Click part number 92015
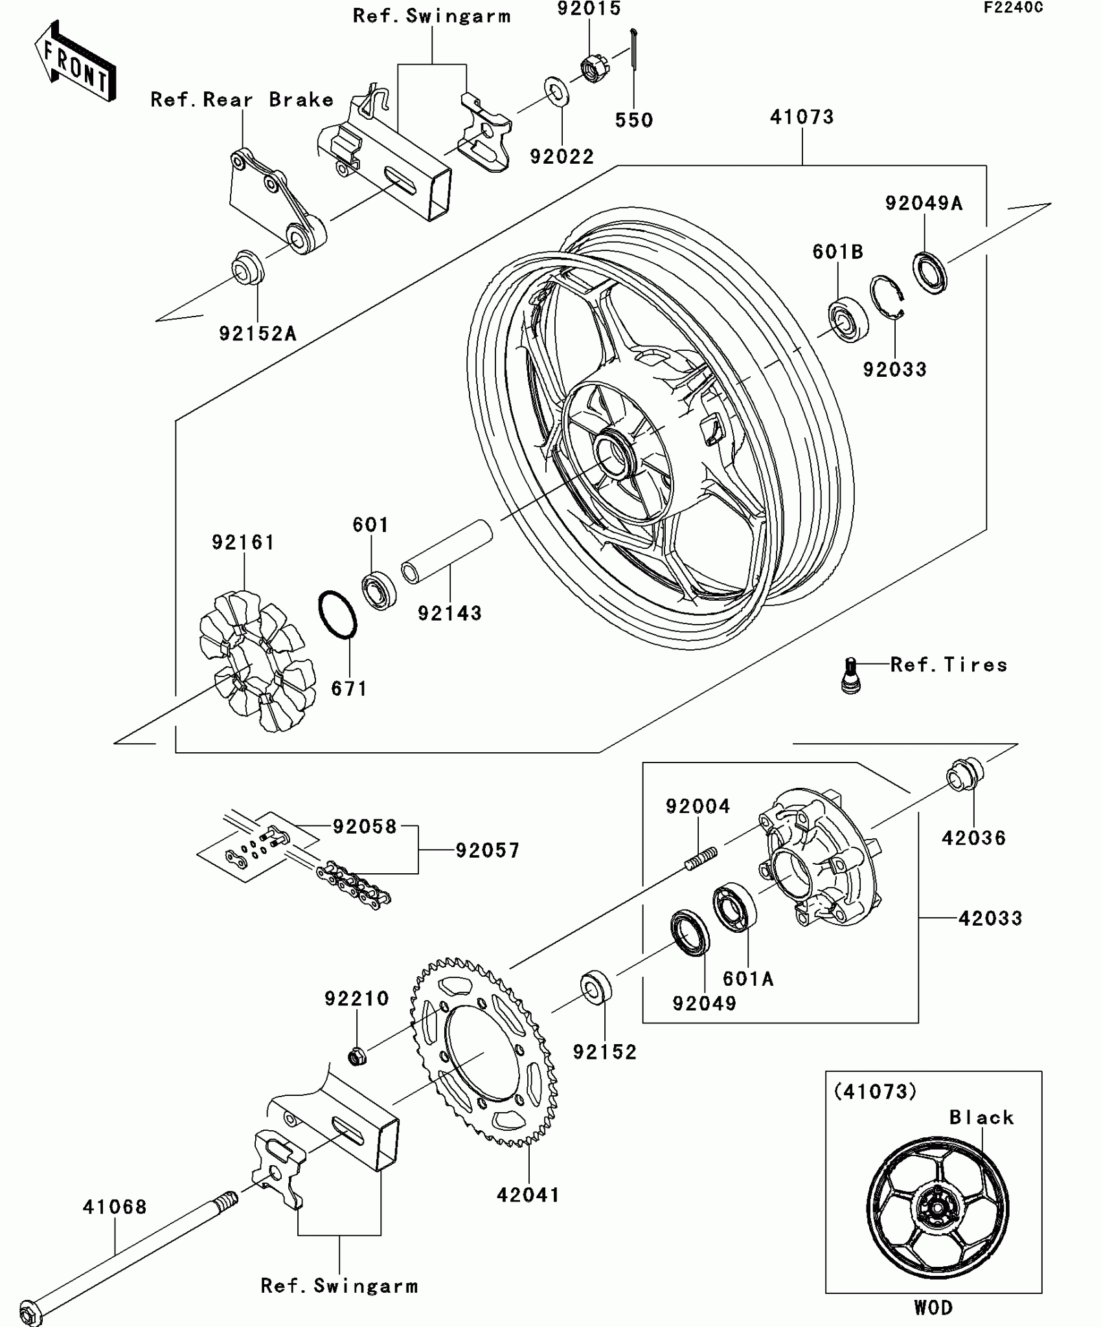[x=589, y=9]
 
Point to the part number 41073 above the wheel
[x=802, y=117]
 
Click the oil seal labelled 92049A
[x=930, y=273]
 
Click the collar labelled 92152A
[x=248, y=267]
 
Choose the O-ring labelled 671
[x=337, y=614]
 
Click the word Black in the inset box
[x=981, y=1117]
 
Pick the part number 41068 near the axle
[x=115, y=1207]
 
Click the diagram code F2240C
[x=1013, y=8]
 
